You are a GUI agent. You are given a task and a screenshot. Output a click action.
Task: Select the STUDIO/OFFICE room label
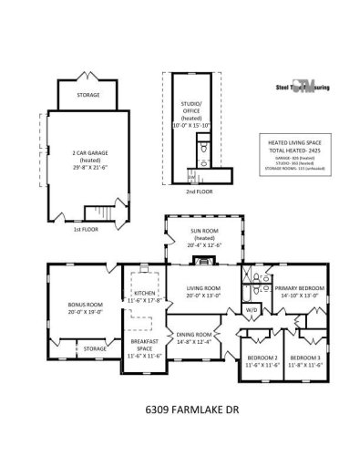(191, 107)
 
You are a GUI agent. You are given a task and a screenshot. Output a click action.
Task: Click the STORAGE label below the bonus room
(94, 348)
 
